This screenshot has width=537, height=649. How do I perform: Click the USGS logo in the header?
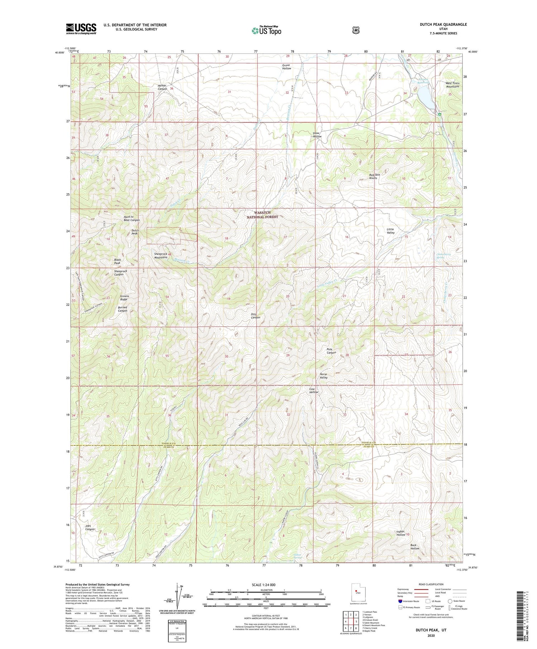[x=81, y=29]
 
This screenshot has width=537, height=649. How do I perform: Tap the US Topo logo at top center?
[x=266, y=30]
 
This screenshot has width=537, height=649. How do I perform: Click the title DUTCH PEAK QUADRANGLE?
[x=443, y=24]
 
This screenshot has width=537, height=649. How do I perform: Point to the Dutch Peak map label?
[x=135, y=232]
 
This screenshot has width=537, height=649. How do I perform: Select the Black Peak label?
[x=117, y=261]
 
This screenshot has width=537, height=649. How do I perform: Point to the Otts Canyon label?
[x=255, y=316]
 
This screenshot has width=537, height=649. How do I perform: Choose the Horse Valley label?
[x=323, y=376]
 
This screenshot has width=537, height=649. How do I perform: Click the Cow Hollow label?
[x=314, y=390]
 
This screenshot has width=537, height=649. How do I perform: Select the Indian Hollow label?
[x=400, y=533]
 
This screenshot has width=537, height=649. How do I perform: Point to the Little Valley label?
[x=391, y=231]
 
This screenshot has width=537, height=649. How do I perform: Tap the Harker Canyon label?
[x=163, y=87]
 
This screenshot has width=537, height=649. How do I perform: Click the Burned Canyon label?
[x=122, y=309]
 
